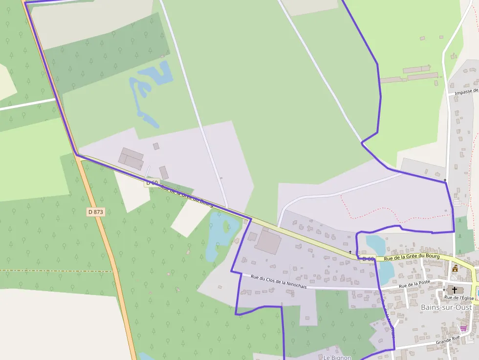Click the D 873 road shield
pos(96,212)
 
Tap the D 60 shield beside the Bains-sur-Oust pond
pos(368,259)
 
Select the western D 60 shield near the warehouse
pos(152,183)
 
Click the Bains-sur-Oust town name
pos(446,307)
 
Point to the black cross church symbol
pos(455,290)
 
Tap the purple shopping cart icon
pos(463,328)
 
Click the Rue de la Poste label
pos(414,285)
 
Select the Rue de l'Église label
pos(460,297)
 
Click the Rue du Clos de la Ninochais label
pos(279,282)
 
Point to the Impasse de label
pos(466,91)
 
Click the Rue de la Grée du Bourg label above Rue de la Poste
pos(412,256)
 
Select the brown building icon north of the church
pos(456,268)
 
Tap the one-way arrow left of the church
pos(444,289)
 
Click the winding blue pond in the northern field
pos(149,88)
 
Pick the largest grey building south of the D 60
pos(267,242)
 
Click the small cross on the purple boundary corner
pos(445,180)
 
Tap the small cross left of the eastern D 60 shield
pos(350,252)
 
